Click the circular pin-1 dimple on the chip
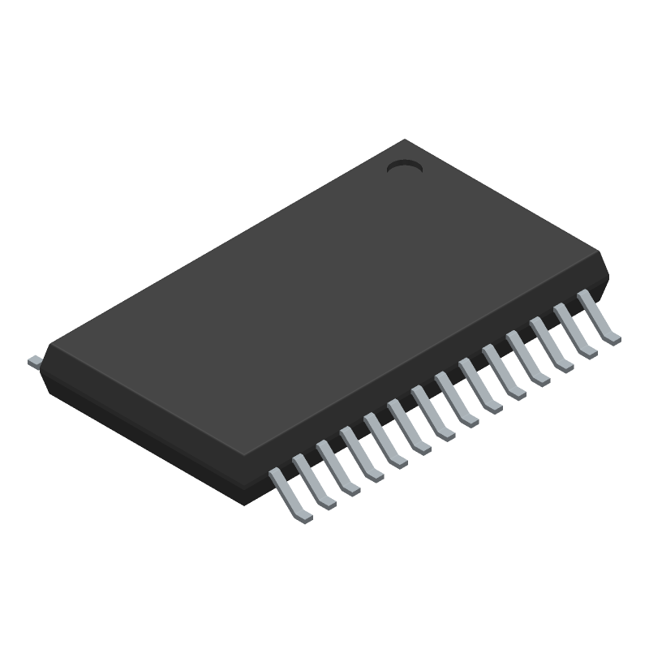coord(404,167)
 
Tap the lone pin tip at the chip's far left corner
coord(35,361)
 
